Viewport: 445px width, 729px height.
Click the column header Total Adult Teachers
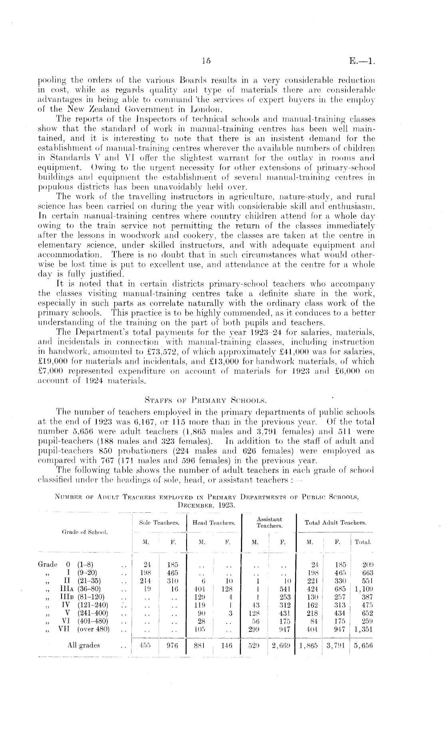point(336,523)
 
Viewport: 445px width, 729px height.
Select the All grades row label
point(84,645)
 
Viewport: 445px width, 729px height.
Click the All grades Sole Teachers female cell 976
point(172,645)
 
